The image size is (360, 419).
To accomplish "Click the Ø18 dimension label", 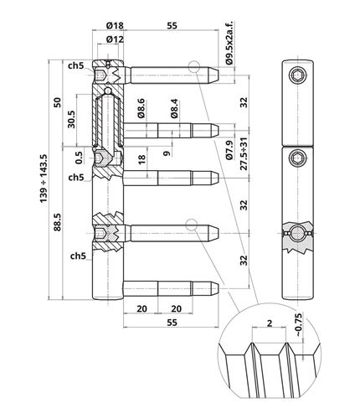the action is click(x=115, y=26).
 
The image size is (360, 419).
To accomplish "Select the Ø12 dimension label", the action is click(x=115, y=39).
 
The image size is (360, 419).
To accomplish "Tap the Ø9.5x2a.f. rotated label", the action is click(x=229, y=43).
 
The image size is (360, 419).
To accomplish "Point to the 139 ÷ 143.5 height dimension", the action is click(x=44, y=178).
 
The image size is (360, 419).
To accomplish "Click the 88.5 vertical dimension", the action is click(x=57, y=222).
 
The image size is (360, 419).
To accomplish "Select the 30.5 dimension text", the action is click(x=71, y=119).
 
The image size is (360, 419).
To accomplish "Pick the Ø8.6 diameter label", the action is click(x=141, y=108).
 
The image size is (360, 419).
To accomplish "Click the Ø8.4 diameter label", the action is click(x=175, y=108).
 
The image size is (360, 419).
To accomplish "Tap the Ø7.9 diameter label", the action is click(x=229, y=150).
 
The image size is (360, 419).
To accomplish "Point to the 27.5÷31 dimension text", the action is click(x=244, y=153).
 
